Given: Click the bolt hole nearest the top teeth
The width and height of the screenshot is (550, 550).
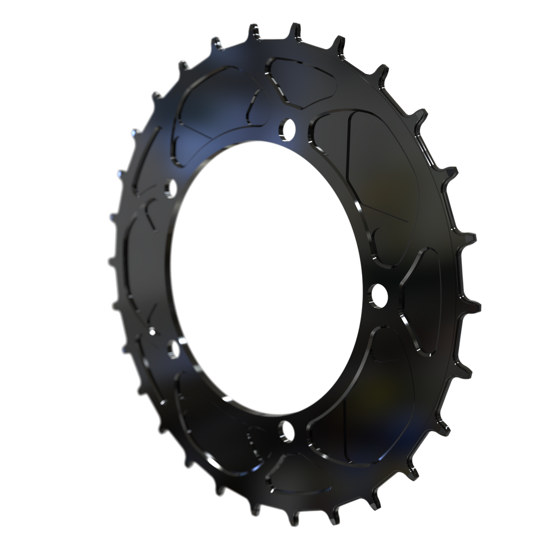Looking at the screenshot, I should click(x=287, y=127).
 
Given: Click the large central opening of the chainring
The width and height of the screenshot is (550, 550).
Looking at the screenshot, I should click(x=266, y=277).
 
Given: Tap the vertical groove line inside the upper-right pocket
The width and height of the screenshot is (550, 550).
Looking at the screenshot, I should click(x=350, y=156).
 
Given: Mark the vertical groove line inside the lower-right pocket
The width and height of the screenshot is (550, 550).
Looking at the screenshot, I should click(x=344, y=424).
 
